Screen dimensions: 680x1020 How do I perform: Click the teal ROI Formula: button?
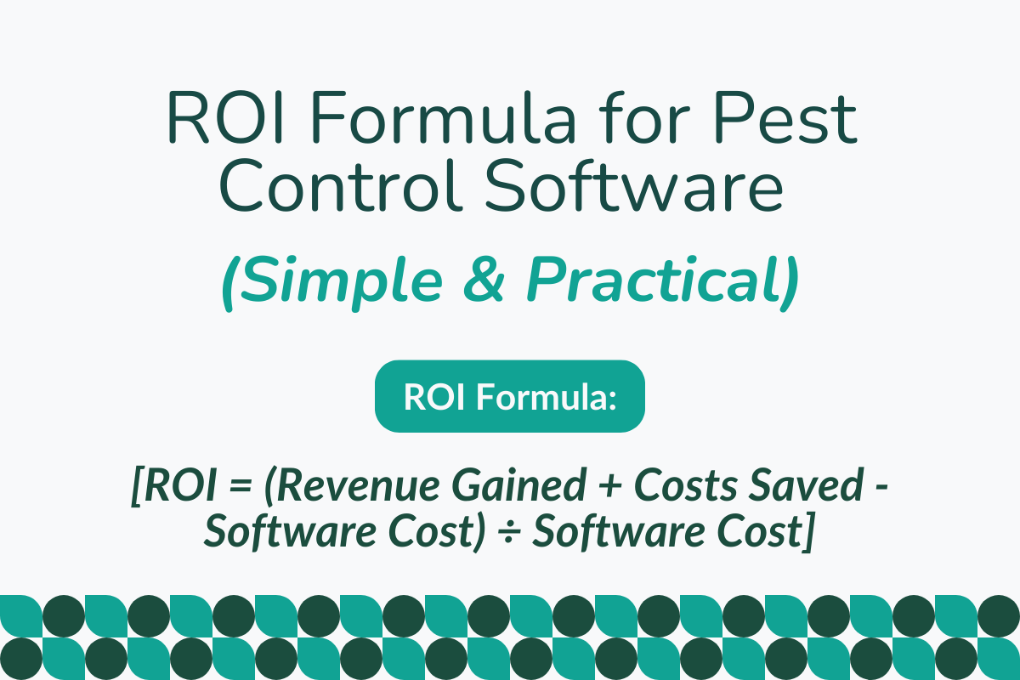[x=510, y=396]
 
